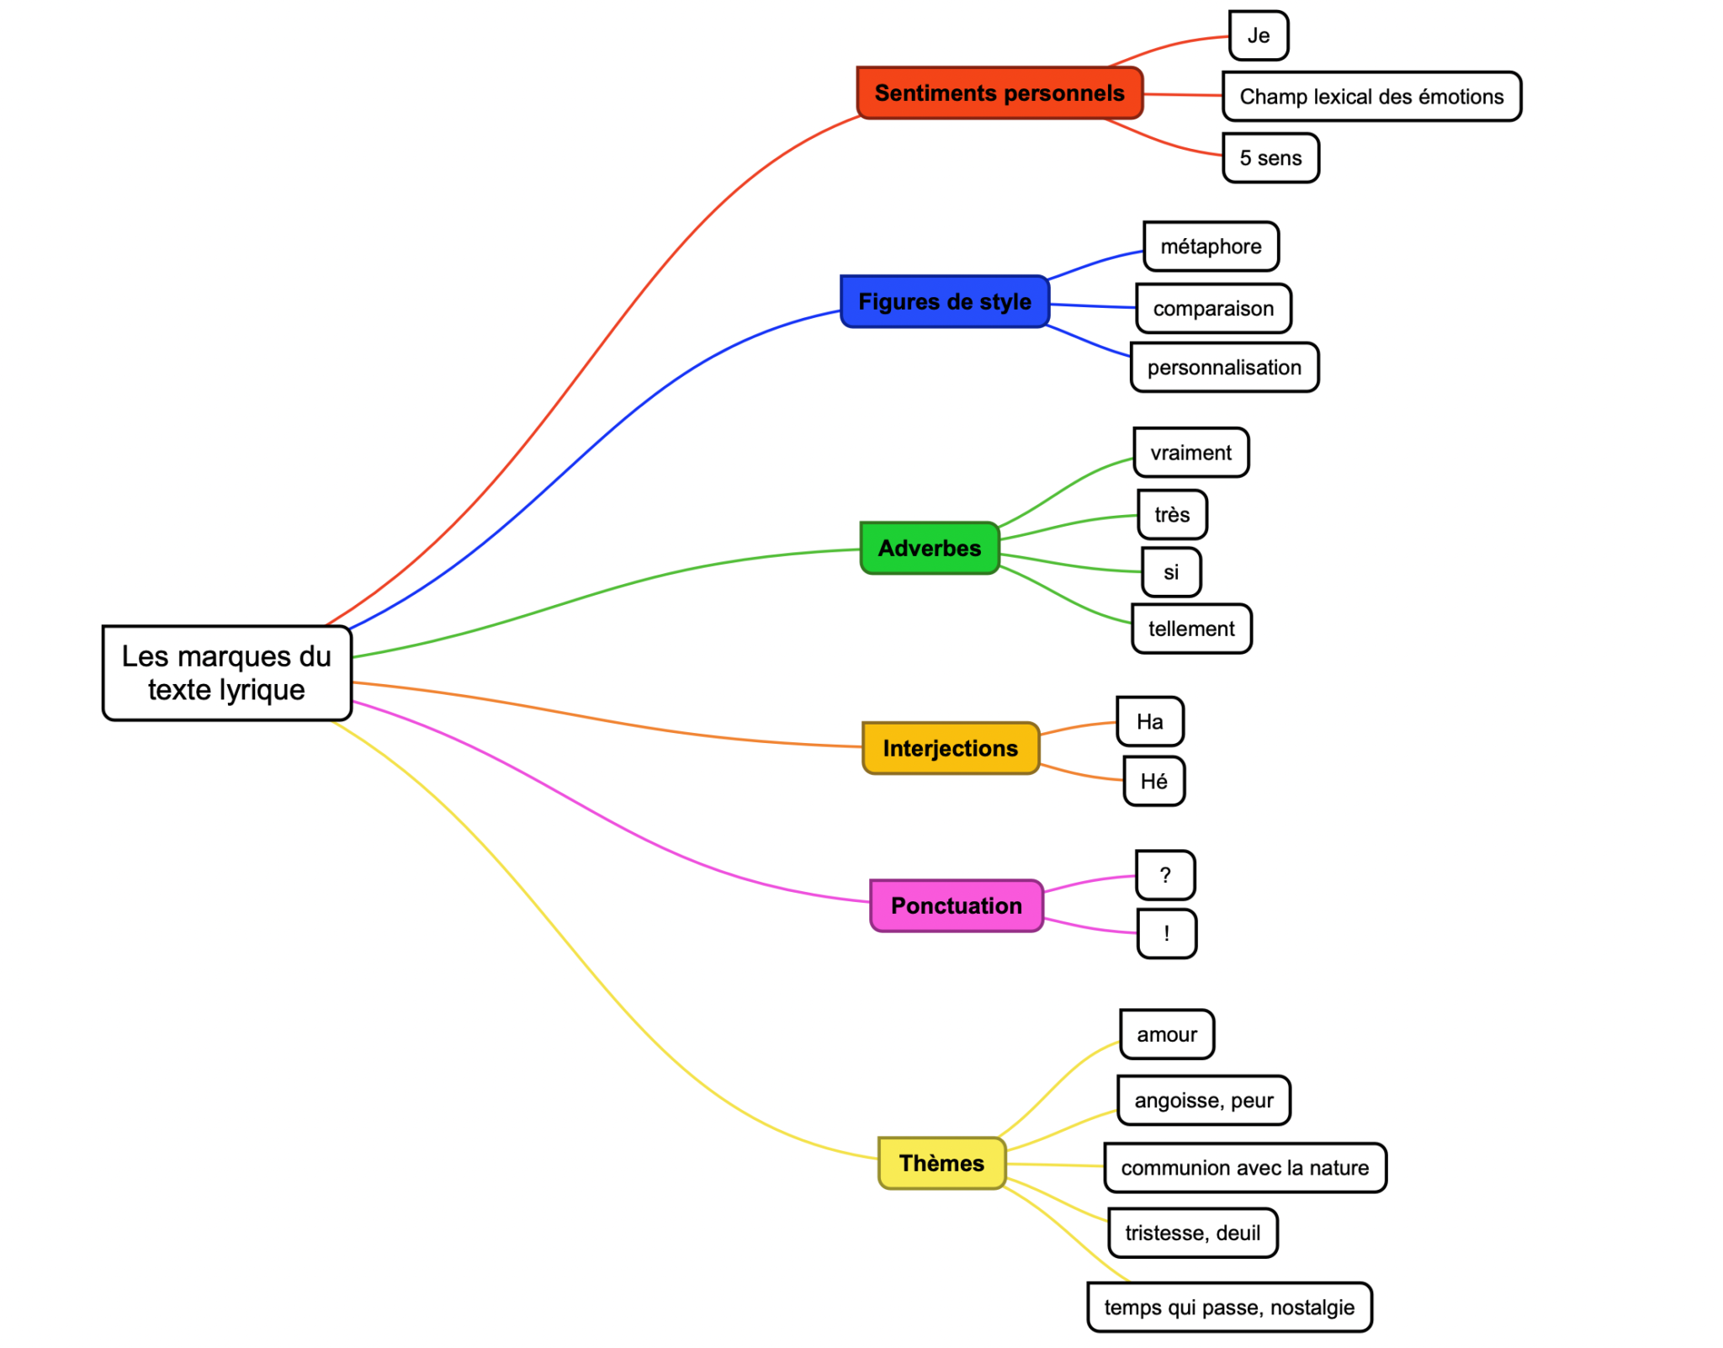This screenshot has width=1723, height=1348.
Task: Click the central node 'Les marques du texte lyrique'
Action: coord(226,672)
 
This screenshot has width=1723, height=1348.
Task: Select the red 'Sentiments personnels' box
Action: coord(999,93)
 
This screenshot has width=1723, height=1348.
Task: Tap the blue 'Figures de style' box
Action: coord(944,301)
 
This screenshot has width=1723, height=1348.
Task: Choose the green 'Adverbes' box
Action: coord(929,548)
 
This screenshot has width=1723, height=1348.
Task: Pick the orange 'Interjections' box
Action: coord(950,748)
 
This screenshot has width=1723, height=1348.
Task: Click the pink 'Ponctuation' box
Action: coord(956,905)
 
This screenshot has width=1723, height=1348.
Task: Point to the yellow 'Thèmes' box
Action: coord(941,1163)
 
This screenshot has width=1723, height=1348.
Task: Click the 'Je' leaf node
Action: coord(1258,36)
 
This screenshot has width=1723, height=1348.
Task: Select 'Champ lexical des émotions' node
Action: coord(1370,97)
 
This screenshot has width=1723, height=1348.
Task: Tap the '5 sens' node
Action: coord(1270,158)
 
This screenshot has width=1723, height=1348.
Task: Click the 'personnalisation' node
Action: coord(1223,368)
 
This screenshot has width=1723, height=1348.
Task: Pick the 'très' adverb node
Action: coord(1171,514)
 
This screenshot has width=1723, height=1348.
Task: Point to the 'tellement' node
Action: coord(1190,629)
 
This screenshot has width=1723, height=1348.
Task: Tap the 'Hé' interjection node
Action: coord(1153,782)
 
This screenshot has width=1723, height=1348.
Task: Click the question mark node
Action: coord(1164,875)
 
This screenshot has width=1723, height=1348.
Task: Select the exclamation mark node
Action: coord(1166,933)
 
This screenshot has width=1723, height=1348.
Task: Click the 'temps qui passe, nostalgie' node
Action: coord(1228,1308)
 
